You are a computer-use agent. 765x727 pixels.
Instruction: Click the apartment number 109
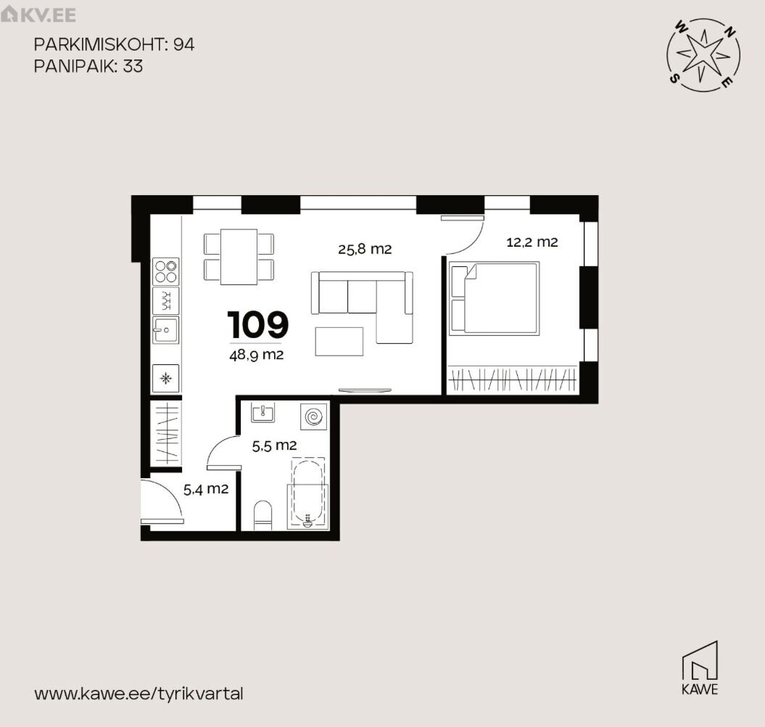pyautogui.click(x=258, y=325)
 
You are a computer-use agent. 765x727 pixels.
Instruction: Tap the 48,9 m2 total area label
pyautogui.click(x=256, y=355)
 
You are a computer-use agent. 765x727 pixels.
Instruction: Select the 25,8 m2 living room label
pyautogui.click(x=365, y=249)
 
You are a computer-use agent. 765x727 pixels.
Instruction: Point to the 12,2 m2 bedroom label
pyautogui.click(x=532, y=242)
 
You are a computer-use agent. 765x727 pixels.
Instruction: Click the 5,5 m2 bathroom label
pyautogui.click(x=274, y=445)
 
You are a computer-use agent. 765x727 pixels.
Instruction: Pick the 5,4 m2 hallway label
pyautogui.click(x=206, y=489)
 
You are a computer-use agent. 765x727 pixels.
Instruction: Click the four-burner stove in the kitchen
pyautogui.click(x=166, y=271)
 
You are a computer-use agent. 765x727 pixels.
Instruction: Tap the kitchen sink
pyautogui.click(x=165, y=330)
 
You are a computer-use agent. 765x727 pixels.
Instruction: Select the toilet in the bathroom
pyautogui.click(x=263, y=515)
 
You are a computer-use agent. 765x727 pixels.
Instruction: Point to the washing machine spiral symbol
pyautogui.click(x=313, y=417)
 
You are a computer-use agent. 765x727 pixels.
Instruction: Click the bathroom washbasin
pyautogui.click(x=262, y=412)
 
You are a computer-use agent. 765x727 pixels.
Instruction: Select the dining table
pyautogui.click(x=239, y=257)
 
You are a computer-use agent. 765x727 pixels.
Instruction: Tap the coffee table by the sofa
pyautogui.click(x=339, y=341)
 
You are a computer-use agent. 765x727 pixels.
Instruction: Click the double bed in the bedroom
pyautogui.click(x=495, y=298)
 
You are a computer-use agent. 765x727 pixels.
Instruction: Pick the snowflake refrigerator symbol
pyautogui.click(x=166, y=379)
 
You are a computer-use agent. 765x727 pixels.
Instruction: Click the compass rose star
pyautogui.click(x=703, y=54)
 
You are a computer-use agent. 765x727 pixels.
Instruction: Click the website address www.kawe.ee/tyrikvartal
pyautogui.click(x=138, y=694)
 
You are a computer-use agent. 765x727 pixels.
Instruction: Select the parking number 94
pyautogui.click(x=184, y=44)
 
